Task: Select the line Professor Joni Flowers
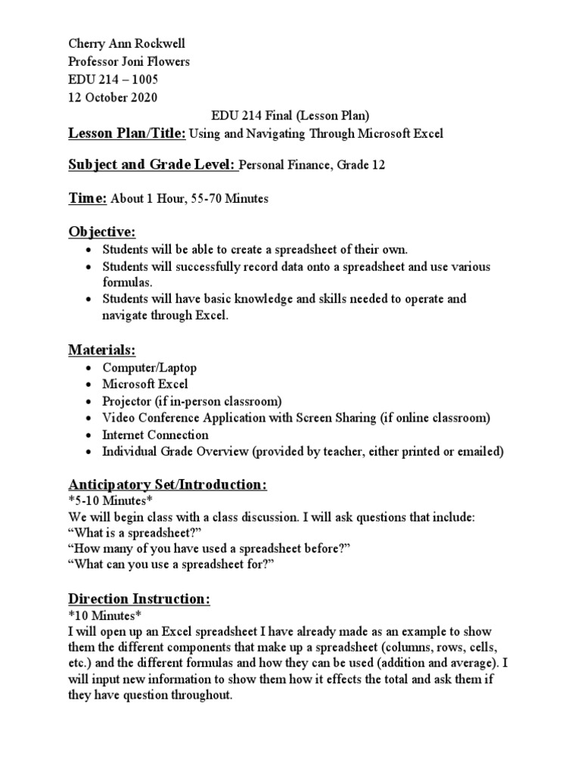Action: click(x=129, y=62)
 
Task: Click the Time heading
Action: click(x=88, y=198)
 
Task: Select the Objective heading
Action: click(x=103, y=231)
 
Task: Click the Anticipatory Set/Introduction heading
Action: click(x=168, y=484)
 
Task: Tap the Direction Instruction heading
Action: click(x=139, y=599)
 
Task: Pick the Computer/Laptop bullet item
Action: click(x=150, y=368)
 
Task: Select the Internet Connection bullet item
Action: click(x=156, y=435)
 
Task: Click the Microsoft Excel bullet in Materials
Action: click(x=145, y=384)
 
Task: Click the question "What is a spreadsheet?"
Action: click(x=135, y=534)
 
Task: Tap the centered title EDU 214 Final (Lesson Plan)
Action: click(x=289, y=115)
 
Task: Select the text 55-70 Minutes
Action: click(x=226, y=199)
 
